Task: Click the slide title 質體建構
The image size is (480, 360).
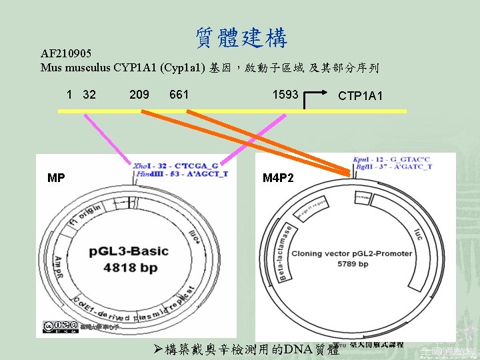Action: click(x=241, y=38)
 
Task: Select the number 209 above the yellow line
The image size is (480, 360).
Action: click(x=139, y=95)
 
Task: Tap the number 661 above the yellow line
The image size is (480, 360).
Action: click(x=179, y=95)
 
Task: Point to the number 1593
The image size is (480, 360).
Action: click(x=285, y=95)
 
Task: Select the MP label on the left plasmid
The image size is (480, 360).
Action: click(x=56, y=178)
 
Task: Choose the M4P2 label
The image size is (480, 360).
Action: click(x=277, y=178)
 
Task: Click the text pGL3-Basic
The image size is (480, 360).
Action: click(x=128, y=252)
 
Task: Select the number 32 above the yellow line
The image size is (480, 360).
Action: click(x=89, y=95)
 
